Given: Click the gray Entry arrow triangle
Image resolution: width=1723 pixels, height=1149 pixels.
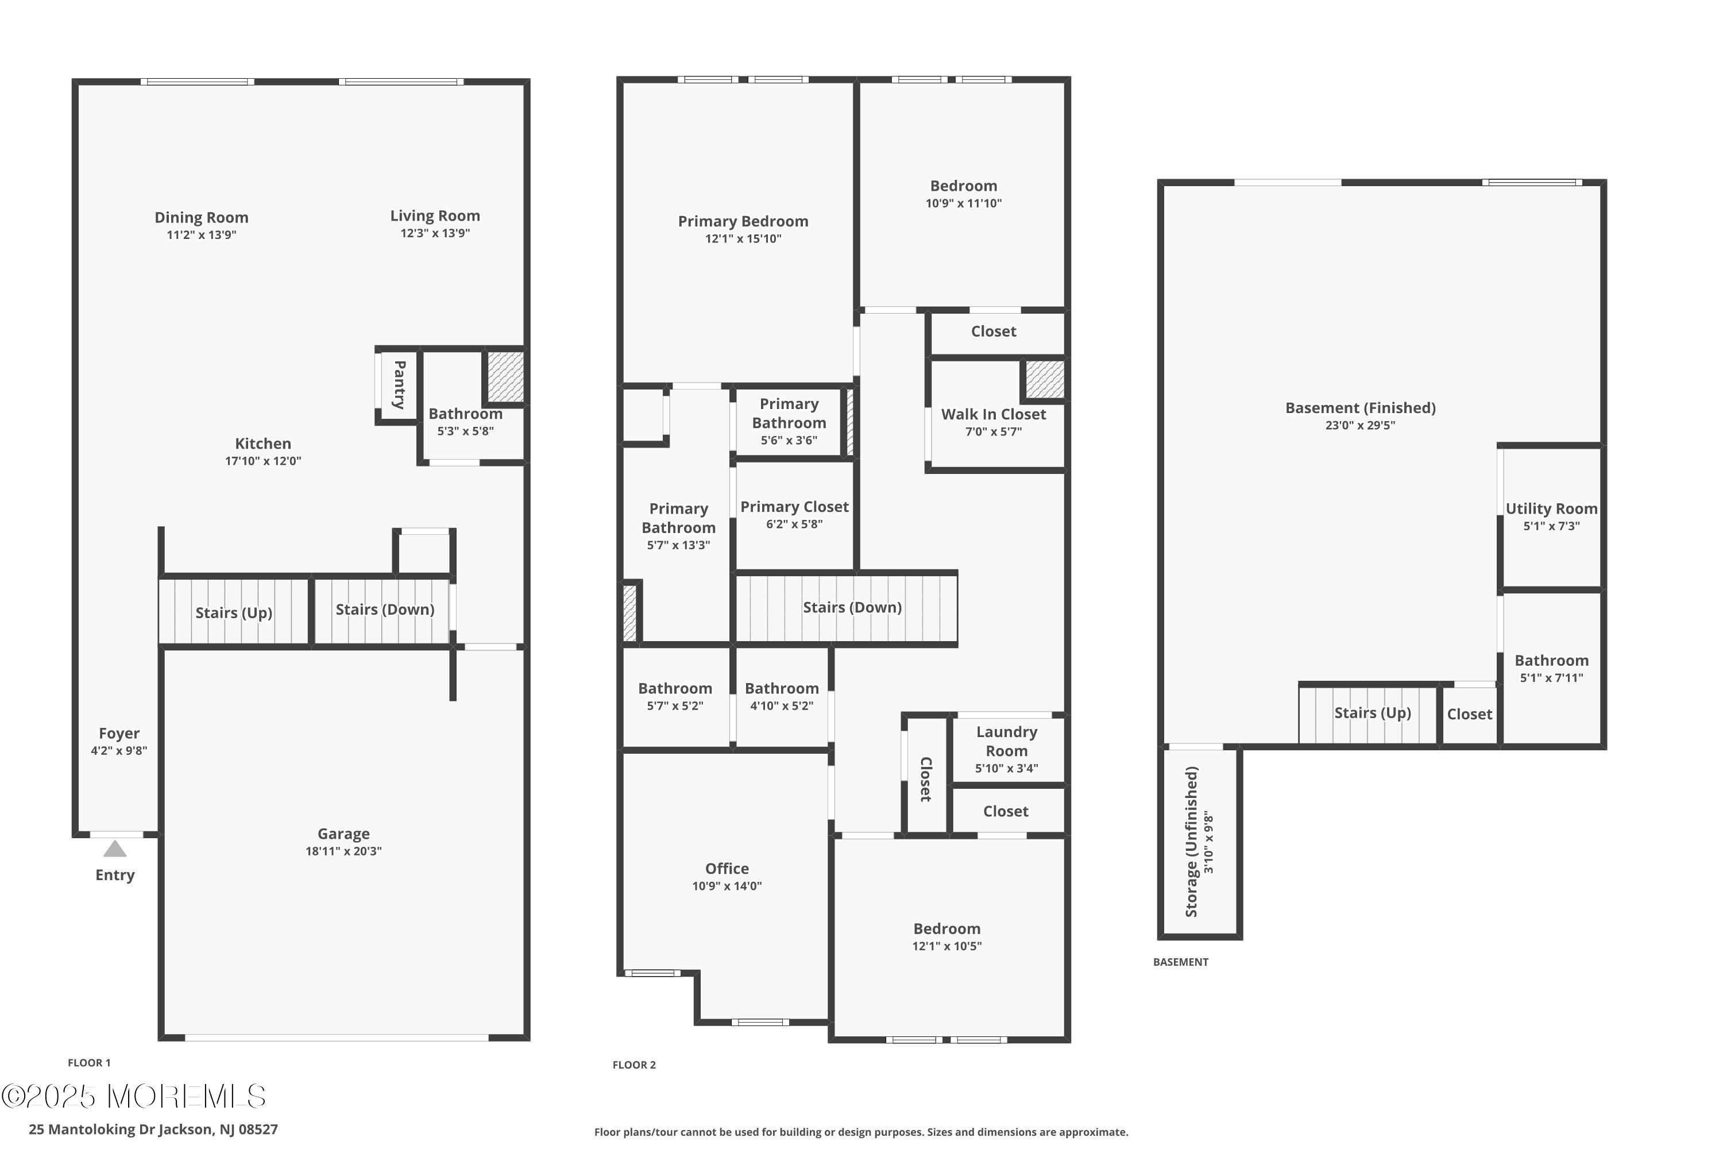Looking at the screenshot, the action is click(x=115, y=849).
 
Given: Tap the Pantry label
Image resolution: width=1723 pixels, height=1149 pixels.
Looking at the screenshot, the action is click(x=400, y=385).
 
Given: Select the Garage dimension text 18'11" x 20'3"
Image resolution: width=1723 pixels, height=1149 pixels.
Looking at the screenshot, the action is click(x=343, y=851).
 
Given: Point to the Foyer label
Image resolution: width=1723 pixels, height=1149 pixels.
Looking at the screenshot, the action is click(x=119, y=734).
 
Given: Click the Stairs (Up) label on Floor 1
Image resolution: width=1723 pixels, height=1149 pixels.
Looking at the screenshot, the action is click(x=234, y=612).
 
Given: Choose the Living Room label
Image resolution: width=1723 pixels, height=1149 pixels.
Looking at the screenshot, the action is click(x=435, y=216).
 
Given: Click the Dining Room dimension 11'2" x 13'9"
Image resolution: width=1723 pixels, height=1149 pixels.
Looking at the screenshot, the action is click(x=202, y=235).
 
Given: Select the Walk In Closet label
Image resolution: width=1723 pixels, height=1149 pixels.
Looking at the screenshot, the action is click(x=994, y=414).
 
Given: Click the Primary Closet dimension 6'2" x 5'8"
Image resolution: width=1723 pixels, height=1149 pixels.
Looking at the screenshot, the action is click(x=794, y=524).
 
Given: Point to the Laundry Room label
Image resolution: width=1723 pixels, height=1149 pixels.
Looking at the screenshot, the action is click(x=1007, y=741).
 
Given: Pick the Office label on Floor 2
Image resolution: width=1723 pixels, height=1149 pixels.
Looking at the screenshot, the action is click(x=727, y=868).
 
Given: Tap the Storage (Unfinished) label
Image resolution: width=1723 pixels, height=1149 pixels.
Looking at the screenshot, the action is click(x=1191, y=842).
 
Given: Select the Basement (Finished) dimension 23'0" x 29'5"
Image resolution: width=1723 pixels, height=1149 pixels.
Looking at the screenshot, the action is click(x=1361, y=425).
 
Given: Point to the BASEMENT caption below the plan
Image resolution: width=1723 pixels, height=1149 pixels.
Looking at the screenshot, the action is click(x=1181, y=962).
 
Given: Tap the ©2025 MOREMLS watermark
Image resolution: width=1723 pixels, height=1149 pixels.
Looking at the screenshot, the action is click(x=133, y=1096).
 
